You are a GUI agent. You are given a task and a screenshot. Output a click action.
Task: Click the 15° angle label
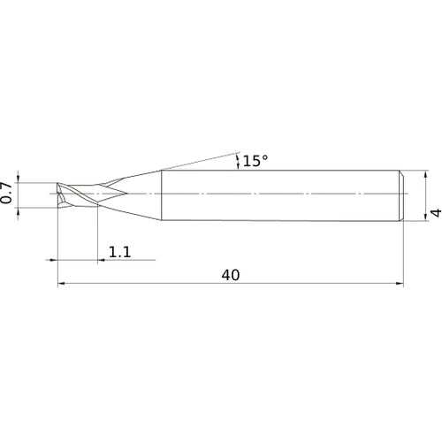click(x=255, y=161)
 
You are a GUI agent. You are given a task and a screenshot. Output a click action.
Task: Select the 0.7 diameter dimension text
click(x=6, y=193)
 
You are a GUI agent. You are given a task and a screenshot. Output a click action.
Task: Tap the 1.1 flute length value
click(x=119, y=252)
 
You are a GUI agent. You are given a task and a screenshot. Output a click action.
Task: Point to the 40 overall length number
click(x=231, y=275)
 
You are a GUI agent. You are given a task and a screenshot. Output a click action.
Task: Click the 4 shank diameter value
click(x=436, y=212)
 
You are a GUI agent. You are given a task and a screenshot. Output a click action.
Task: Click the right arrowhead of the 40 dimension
click(x=400, y=284)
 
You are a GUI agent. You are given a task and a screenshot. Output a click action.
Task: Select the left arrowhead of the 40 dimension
click(x=61, y=284)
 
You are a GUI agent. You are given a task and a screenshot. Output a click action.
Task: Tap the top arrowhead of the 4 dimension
click(x=425, y=174)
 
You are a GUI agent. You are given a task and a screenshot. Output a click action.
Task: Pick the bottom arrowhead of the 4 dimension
click(x=425, y=217)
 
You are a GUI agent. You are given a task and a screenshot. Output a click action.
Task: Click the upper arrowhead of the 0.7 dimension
click(x=19, y=179)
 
